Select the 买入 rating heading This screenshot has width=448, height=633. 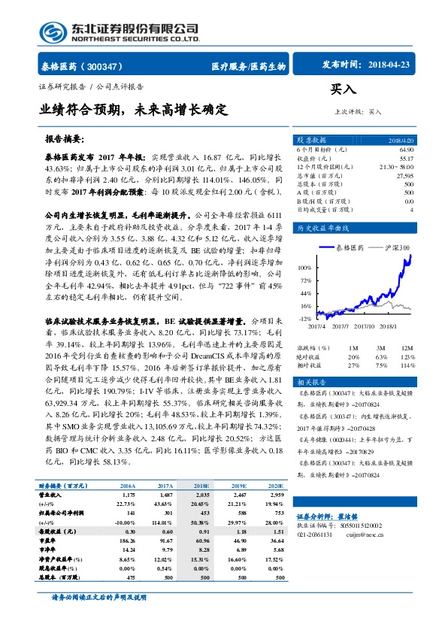coord(343,89)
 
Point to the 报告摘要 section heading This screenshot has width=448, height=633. coord(65,139)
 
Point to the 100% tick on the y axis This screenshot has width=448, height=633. coord(305,267)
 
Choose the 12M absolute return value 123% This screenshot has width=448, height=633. coord(407,356)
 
